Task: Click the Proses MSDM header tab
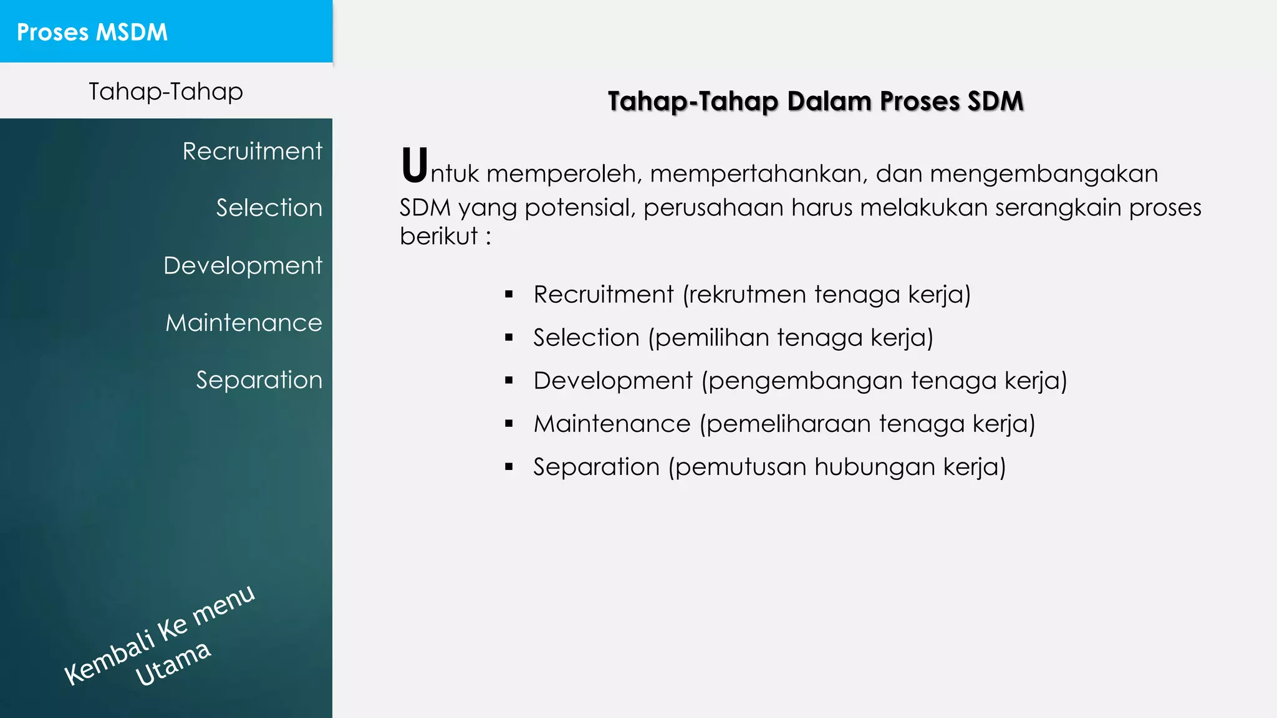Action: [92, 32]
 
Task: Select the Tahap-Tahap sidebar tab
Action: [165, 92]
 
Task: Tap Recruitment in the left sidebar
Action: [252, 151]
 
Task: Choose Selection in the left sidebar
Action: [269, 208]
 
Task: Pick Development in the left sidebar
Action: [243, 266]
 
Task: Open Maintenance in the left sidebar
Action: [243, 323]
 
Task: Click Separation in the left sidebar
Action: [259, 380]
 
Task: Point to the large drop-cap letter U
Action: [414, 166]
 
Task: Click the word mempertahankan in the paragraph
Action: [758, 173]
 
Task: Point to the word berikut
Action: [438, 236]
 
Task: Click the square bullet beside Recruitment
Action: [509, 294]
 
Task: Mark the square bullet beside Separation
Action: [509, 466]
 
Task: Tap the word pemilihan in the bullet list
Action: [712, 338]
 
